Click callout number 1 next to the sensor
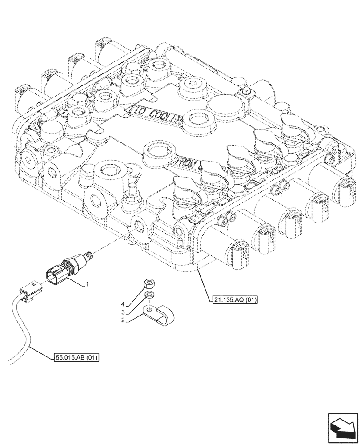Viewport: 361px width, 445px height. coord(88,284)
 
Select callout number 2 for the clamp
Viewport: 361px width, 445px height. coord(123,320)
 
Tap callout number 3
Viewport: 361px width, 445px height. coord(123,312)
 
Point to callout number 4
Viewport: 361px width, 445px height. coord(123,305)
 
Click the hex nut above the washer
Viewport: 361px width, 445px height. coord(150,284)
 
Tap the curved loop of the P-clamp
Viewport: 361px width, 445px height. coord(167,313)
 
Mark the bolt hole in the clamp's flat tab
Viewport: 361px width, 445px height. coord(150,308)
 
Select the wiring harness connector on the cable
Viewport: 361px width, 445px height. coord(30,291)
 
